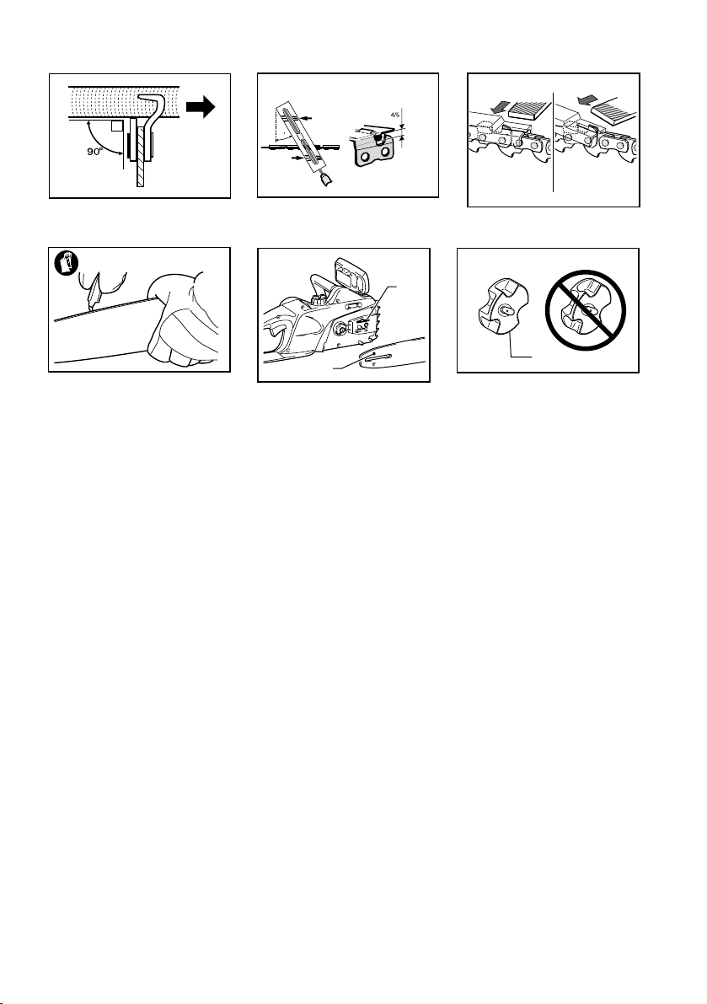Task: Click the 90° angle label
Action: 94,152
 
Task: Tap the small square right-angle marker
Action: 116,126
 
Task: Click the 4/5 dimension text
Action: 394,115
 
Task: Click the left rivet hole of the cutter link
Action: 363,158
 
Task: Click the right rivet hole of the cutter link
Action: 386,156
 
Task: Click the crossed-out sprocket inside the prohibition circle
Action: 584,310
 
